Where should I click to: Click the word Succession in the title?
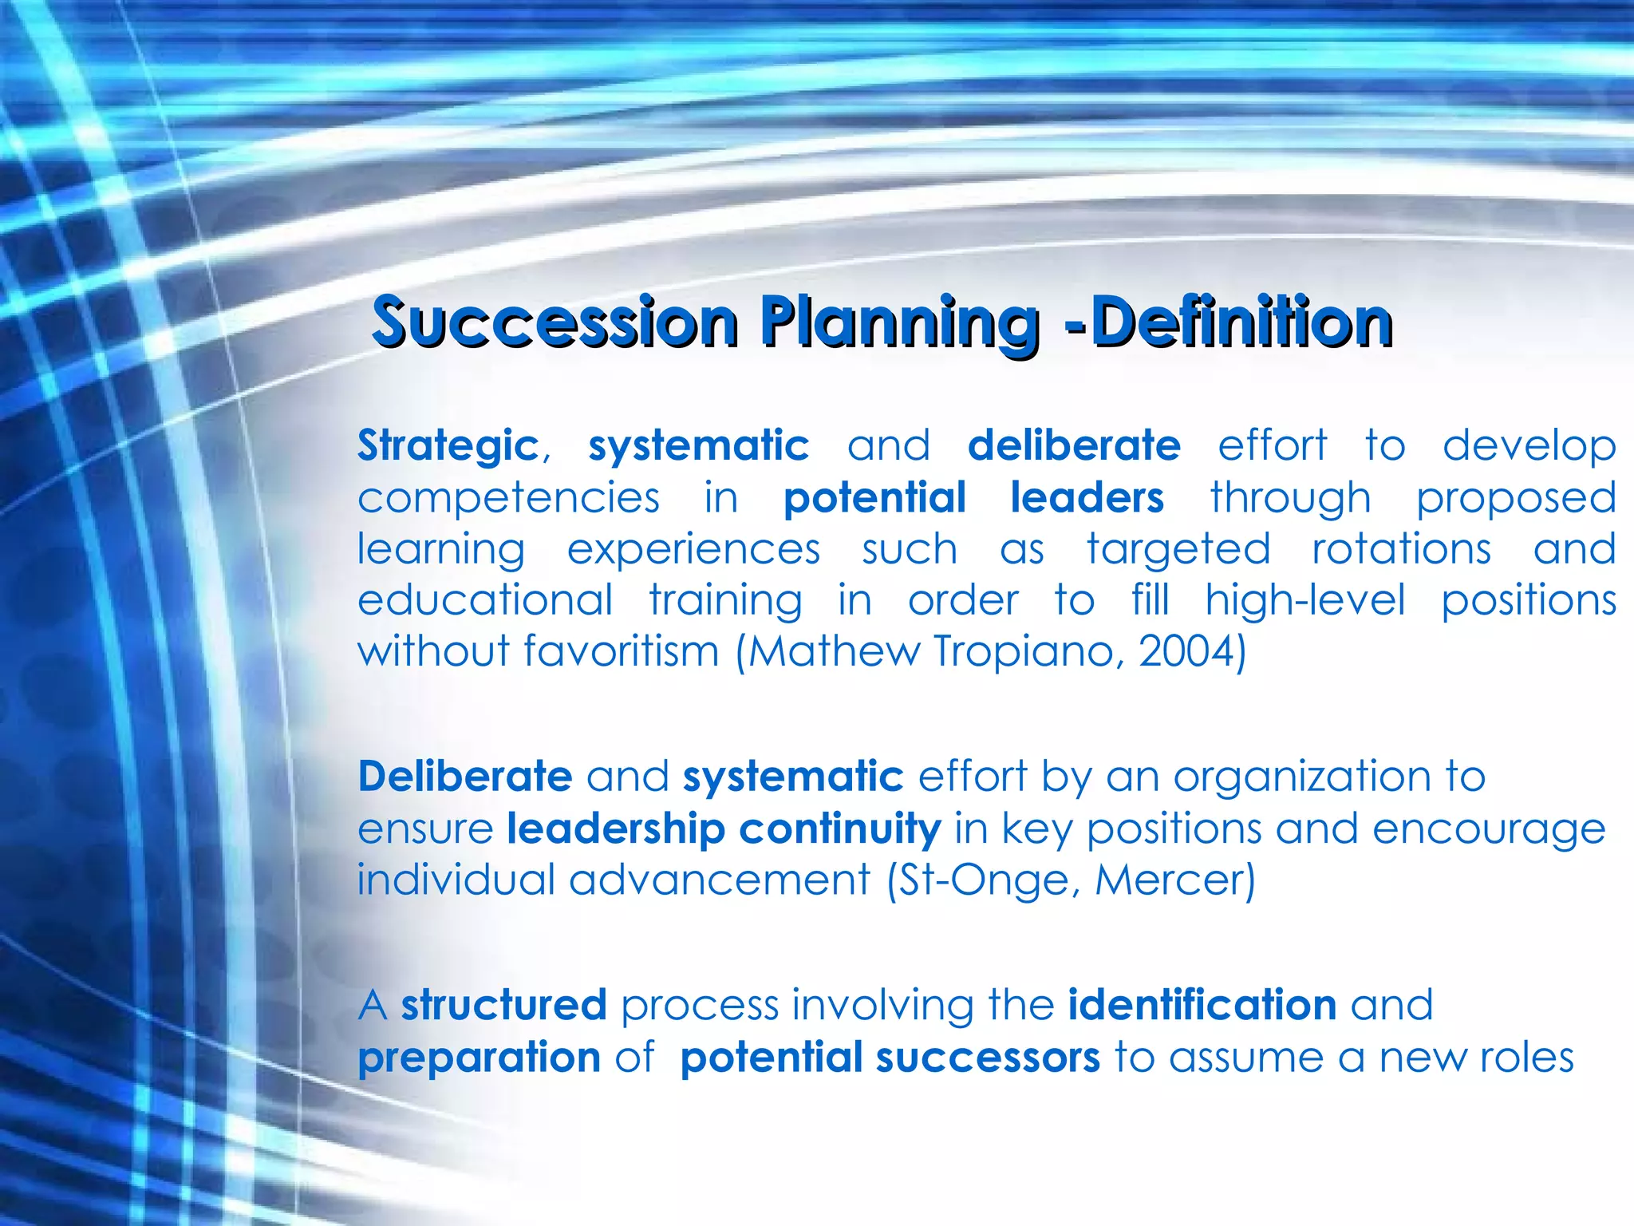click(x=555, y=322)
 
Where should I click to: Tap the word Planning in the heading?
click(x=899, y=322)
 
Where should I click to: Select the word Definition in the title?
click(x=1241, y=322)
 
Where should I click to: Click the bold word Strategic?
click(x=448, y=446)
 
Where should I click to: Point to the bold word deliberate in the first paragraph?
click(x=1074, y=446)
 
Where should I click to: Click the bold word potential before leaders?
click(x=874, y=498)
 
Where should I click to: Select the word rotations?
click(x=1401, y=550)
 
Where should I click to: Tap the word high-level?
click(x=1305, y=600)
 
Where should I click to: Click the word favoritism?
click(x=622, y=651)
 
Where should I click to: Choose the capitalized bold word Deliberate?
click(x=465, y=777)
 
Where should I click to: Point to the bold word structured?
click(x=503, y=1005)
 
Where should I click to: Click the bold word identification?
click(x=1202, y=1005)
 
